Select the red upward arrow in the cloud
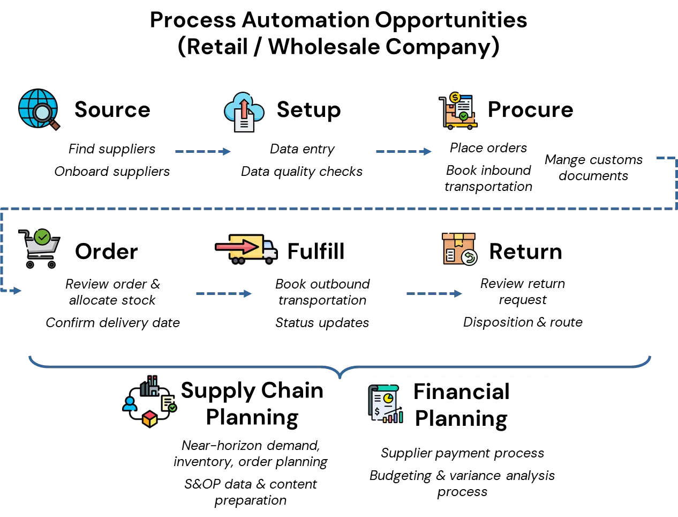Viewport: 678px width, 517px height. [x=244, y=107]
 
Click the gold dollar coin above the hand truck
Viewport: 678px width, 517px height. [x=455, y=98]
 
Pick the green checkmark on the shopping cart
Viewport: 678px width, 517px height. [x=42, y=237]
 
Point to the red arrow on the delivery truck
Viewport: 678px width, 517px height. [x=238, y=247]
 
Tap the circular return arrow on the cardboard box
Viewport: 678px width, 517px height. [x=469, y=257]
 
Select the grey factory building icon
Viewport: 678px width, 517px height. [x=152, y=386]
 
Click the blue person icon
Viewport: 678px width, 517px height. [x=130, y=403]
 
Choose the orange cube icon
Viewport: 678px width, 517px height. [x=150, y=419]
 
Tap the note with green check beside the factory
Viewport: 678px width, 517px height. [x=169, y=404]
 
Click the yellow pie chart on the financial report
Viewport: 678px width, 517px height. [x=388, y=398]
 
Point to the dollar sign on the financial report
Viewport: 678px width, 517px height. [x=378, y=412]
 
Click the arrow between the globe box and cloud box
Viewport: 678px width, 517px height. [x=201, y=152]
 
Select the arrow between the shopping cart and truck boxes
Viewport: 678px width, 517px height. [x=222, y=294]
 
